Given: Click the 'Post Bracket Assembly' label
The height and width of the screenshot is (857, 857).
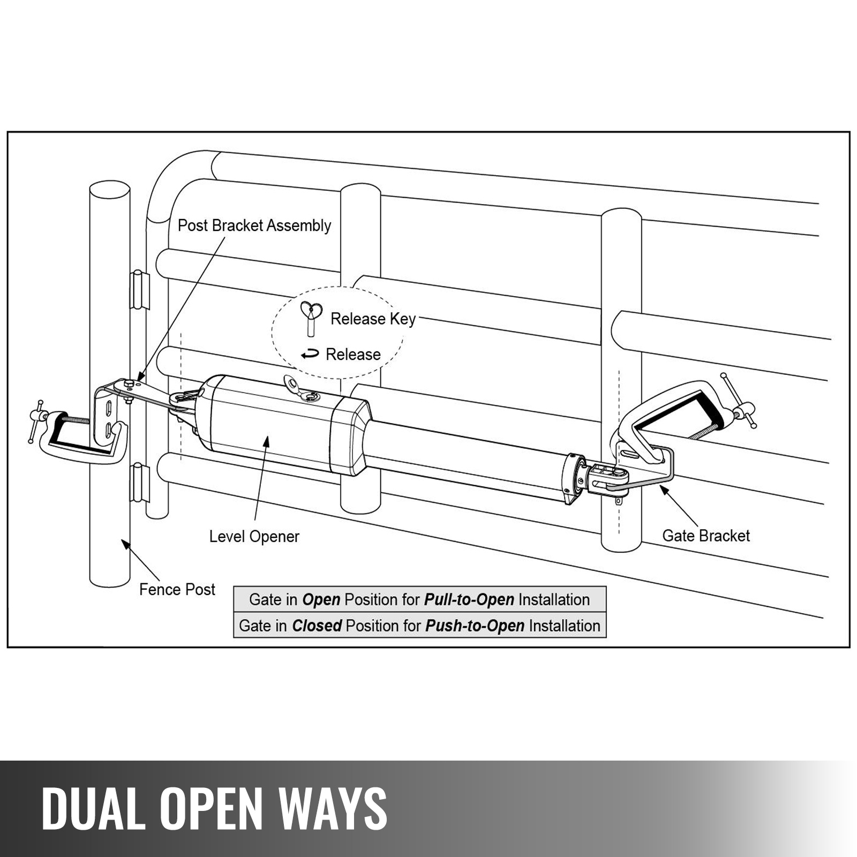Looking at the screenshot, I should coord(254,225).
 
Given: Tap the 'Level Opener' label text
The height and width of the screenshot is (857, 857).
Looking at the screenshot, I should coord(254,536).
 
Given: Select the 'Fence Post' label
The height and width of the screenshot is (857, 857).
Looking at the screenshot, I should coord(177,590).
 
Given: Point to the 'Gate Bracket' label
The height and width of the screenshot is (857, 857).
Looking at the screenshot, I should coord(705,536).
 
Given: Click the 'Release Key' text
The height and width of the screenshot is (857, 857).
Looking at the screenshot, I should coord(373,319).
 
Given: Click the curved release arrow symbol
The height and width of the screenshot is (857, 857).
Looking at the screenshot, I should coord(310,354).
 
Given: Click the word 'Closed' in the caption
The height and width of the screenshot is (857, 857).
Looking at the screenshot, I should coord(317,626).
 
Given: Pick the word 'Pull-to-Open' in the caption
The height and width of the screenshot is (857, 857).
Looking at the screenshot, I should coord(469,599).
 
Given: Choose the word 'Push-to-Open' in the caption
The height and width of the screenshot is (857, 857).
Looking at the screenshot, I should coord(475,626).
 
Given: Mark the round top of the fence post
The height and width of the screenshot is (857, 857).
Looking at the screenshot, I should coord(109,190).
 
